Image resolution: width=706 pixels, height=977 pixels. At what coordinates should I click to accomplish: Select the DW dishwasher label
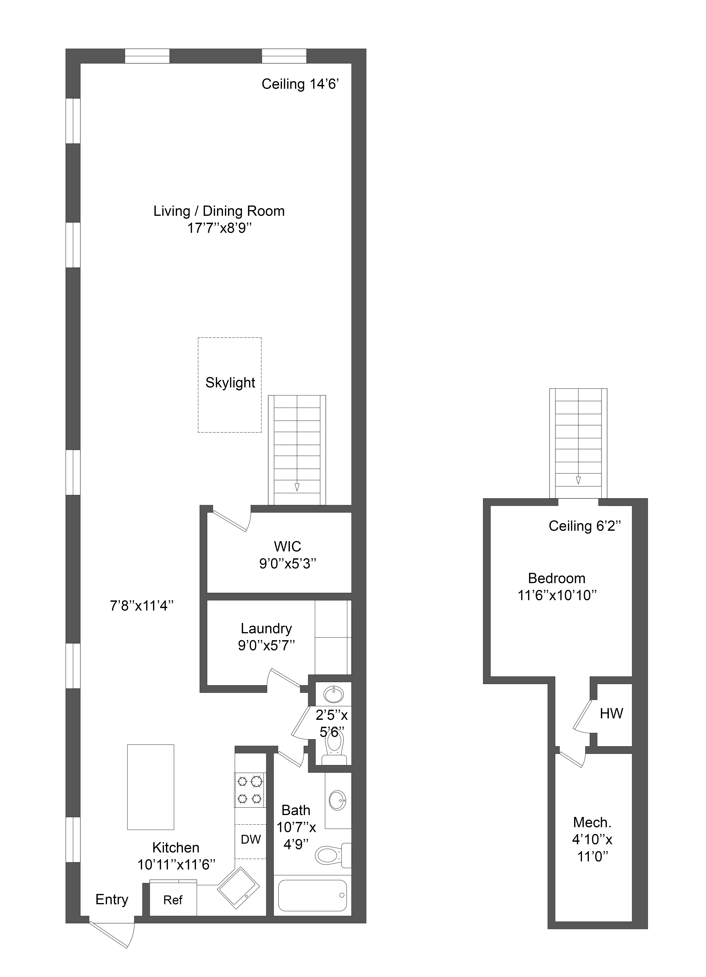250,839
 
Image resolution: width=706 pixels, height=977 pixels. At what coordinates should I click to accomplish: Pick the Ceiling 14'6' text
300,84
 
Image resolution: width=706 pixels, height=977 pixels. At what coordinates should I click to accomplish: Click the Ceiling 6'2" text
584,526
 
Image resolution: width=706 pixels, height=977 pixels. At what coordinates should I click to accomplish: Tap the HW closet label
611,714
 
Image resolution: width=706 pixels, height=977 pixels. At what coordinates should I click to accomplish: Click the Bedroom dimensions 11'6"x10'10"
557,595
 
